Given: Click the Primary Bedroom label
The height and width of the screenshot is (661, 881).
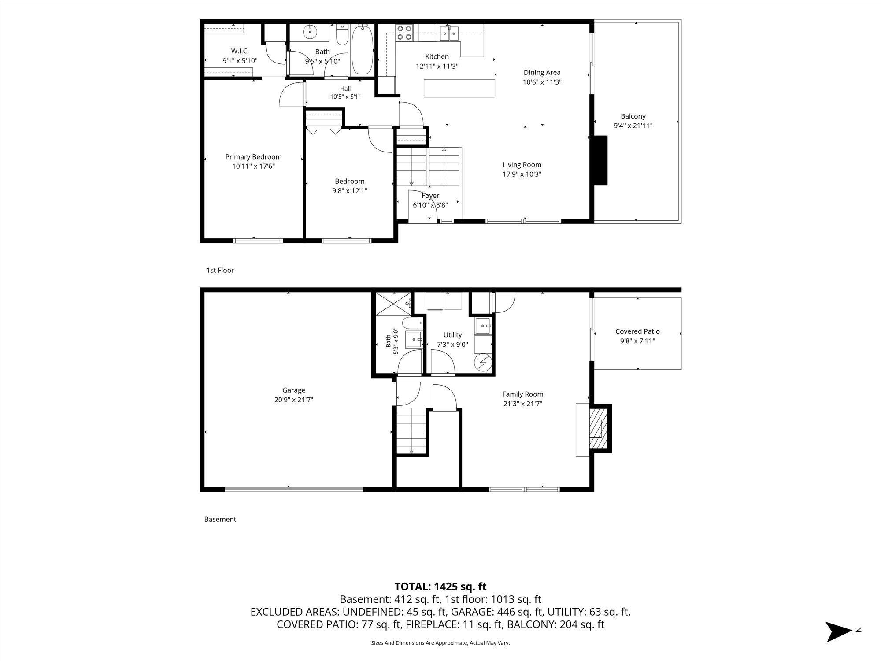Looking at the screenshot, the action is click(253, 157).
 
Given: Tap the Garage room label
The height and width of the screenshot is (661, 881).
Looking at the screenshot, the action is click(294, 390).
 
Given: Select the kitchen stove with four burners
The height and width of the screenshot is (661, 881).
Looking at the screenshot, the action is click(404, 33).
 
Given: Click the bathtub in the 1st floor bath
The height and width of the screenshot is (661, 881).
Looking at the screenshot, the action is click(363, 49).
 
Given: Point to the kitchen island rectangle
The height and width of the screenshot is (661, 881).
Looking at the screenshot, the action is click(459, 88).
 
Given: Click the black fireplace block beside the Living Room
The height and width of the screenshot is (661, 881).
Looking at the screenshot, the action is click(600, 160).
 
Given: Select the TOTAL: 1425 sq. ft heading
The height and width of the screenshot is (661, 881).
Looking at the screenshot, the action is click(440, 587).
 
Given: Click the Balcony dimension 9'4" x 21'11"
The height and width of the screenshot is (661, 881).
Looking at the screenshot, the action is click(633, 126).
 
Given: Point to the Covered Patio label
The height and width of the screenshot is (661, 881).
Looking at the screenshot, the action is click(637, 331).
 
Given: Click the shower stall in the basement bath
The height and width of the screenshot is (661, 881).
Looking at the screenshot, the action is click(393, 304).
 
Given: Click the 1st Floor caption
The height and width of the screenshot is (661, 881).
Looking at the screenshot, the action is click(220, 270).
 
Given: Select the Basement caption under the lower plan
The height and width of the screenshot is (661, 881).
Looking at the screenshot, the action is click(220, 519).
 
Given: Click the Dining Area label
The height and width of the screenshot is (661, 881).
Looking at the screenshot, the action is click(542, 72).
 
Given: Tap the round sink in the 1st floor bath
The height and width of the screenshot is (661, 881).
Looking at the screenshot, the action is click(310, 31).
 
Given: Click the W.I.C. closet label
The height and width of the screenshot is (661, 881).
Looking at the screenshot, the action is click(240, 51).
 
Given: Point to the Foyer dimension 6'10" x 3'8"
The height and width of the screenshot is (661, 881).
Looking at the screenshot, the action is click(430, 205).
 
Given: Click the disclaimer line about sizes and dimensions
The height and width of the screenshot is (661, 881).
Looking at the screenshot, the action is click(440, 643).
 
